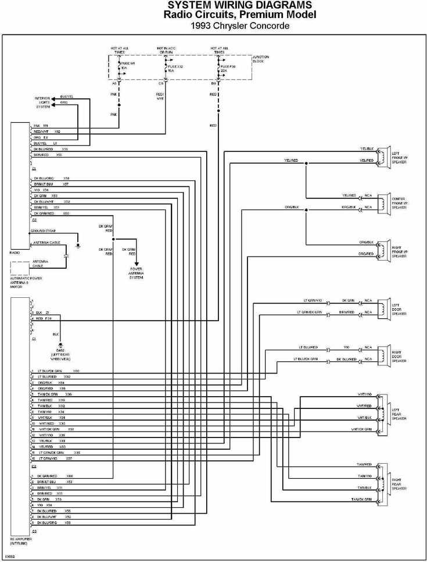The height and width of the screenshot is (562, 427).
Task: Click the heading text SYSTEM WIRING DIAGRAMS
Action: pyautogui.click(x=241, y=5)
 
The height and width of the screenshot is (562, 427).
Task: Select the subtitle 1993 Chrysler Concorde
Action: pyautogui.click(x=240, y=26)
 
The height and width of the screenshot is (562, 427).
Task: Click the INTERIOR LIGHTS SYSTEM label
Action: pyautogui.click(x=43, y=103)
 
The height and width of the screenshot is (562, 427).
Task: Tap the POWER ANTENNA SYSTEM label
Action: pyautogui.click(x=136, y=273)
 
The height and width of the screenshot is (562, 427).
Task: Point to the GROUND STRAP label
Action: pyautogui.click(x=42, y=232)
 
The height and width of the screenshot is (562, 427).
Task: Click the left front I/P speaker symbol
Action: pyautogui.click(x=382, y=156)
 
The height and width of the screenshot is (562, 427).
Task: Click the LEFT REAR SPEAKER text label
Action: pyautogui.click(x=400, y=414)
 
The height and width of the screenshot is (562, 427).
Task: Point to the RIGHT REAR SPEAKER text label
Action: pyautogui.click(x=399, y=484)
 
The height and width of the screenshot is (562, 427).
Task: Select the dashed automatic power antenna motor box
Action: pyautogui.click(x=20, y=268)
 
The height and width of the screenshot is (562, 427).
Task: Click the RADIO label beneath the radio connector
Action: pyautogui.click(x=15, y=252)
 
